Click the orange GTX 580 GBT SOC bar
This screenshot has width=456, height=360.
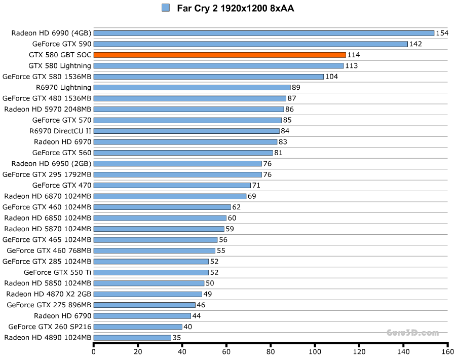tap(220, 55)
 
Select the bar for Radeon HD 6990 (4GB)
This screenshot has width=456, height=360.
tap(264, 33)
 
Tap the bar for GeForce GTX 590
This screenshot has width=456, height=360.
tap(251, 44)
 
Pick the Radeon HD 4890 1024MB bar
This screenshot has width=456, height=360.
tap(132, 337)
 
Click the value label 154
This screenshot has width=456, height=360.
tap(442, 33)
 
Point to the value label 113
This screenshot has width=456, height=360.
tap(351, 66)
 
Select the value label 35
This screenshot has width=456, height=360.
tap(177, 337)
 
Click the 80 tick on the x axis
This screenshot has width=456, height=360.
tap(271, 351)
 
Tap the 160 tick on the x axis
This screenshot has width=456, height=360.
tap(447, 351)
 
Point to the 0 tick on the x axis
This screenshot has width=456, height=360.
tap(94, 351)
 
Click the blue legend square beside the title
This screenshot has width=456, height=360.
tap(165, 8)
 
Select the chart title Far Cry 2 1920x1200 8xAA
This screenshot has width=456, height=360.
tap(235, 8)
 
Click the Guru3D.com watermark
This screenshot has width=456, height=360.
tap(412, 333)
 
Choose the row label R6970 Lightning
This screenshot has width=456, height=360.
tap(63, 87)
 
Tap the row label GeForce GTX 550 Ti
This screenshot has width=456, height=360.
tap(64, 272)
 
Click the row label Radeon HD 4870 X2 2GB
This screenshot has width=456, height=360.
tap(49, 294)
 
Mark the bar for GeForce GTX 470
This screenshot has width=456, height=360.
tap(172, 185)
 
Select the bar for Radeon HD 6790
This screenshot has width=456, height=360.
tap(142, 316)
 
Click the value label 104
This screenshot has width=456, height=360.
tap(331, 77)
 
